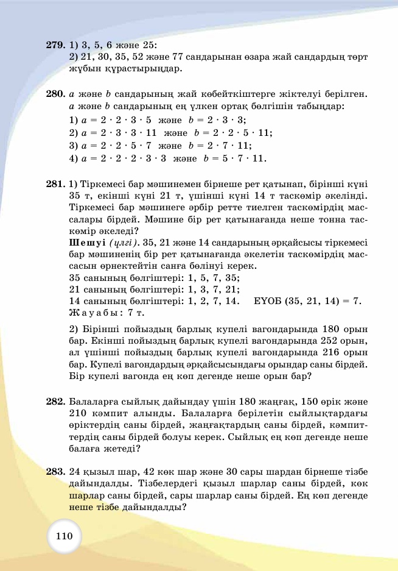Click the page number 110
[64, 536]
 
